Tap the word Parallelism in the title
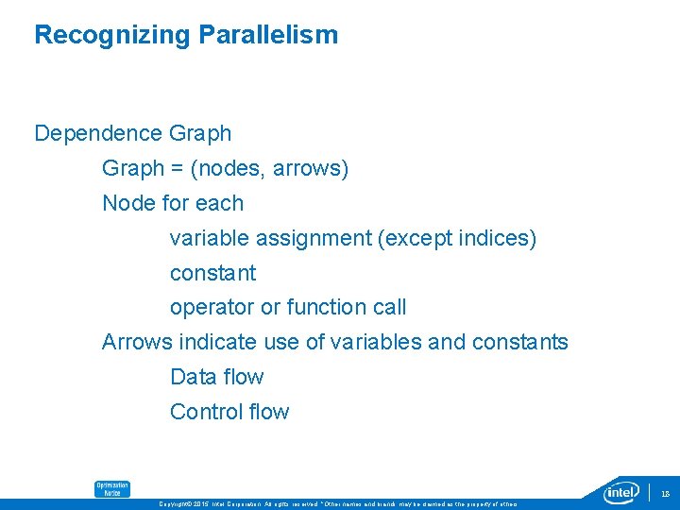pyautogui.click(x=267, y=36)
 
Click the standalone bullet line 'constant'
pyautogui.click(x=212, y=273)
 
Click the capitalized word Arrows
pyautogui.click(x=132, y=342)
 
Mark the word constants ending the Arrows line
pyautogui.click(x=523, y=342)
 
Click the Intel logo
pyautogui.click(x=622, y=492)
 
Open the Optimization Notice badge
pyautogui.click(x=111, y=488)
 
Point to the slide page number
pyautogui.click(x=664, y=493)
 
